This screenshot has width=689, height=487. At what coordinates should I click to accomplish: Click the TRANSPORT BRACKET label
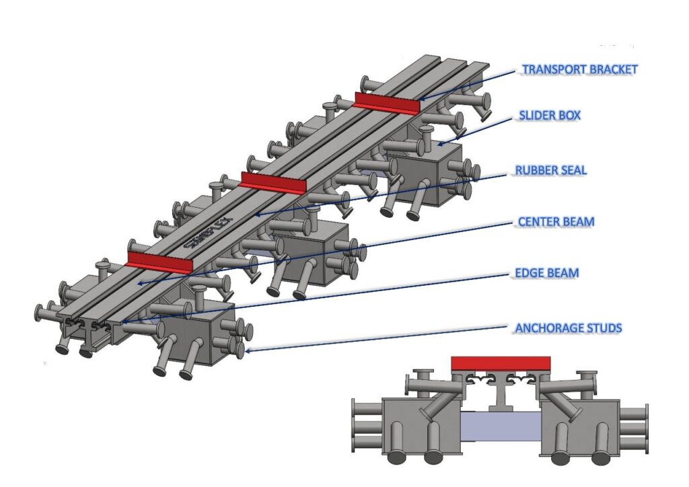coord(580,69)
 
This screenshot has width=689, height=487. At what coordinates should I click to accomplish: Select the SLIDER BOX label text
coord(550,116)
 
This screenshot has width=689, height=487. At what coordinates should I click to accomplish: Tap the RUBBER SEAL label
coord(551,170)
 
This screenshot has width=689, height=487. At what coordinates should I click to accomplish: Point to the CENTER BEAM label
coord(556,221)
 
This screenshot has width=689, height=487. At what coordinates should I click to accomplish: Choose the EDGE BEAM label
coord(545,273)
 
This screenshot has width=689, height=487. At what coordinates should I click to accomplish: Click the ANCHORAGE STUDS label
coord(568,328)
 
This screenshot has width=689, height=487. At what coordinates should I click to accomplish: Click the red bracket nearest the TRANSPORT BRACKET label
coord(387,103)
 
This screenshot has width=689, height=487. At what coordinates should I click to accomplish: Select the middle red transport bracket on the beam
coord(273,182)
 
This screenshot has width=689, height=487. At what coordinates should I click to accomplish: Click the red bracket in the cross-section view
coord(501,363)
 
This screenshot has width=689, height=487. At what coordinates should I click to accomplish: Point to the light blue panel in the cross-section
coord(501,426)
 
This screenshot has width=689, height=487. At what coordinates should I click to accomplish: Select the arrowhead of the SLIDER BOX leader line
coord(438,144)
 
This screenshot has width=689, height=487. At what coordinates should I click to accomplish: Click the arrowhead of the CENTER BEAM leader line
coord(139,284)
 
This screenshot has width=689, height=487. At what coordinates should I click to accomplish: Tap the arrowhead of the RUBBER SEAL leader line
coord(256,215)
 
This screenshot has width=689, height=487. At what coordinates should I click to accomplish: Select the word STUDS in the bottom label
coord(602,328)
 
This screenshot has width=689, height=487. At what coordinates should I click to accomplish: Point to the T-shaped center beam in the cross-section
coord(500,394)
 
